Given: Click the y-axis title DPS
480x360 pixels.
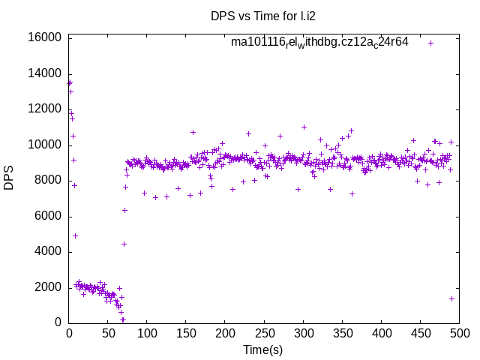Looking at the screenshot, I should point(9,179).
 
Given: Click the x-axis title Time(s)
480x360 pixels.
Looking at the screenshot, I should point(262,349).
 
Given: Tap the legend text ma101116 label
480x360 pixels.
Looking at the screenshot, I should point(319,42).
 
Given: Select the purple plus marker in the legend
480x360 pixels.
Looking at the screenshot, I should point(430,43).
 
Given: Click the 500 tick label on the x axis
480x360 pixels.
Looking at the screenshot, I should point(459,333).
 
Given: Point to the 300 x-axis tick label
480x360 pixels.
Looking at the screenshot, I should point(303,333).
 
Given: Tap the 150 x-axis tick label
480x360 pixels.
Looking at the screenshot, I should point(186,333).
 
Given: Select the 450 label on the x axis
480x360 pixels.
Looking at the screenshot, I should point(420,333).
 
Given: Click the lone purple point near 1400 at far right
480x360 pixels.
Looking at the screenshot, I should point(451,298).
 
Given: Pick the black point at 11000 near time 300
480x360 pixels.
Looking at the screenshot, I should point(304,127).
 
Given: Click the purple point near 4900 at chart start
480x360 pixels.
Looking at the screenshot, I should point(75,235).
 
